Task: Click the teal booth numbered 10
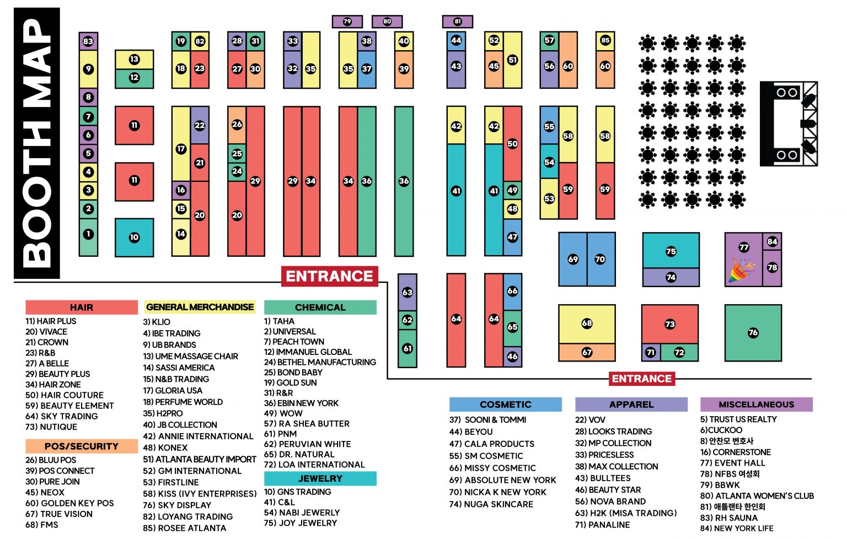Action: [x=134, y=238]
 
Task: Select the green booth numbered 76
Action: [x=753, y=332]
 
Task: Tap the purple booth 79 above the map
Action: [x=347, y=21]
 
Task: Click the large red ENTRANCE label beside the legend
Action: [x=329, y=276]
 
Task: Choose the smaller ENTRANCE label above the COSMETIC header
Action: [x=641, y=379]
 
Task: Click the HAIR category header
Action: [x=81, y=308]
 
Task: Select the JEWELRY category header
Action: [x=320, y=478]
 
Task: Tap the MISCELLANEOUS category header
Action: [x=756, y=405]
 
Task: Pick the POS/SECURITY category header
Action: [x=81, y=446]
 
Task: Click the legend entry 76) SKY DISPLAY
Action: [x=177, y=505]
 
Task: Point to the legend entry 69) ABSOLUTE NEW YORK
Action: [x=502, y=480]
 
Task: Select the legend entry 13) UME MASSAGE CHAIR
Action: [x=190, y=356]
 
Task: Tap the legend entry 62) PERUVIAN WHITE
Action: [x=307, y=444]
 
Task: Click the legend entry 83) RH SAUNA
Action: [x=728, y=518]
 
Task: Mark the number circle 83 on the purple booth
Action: [x=88, y=41]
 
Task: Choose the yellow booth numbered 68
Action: [x=587, y=324]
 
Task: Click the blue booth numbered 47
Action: [x=512, y=238]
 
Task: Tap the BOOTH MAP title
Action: [x=37, y=143]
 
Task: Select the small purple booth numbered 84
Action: [x=772, y=241]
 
